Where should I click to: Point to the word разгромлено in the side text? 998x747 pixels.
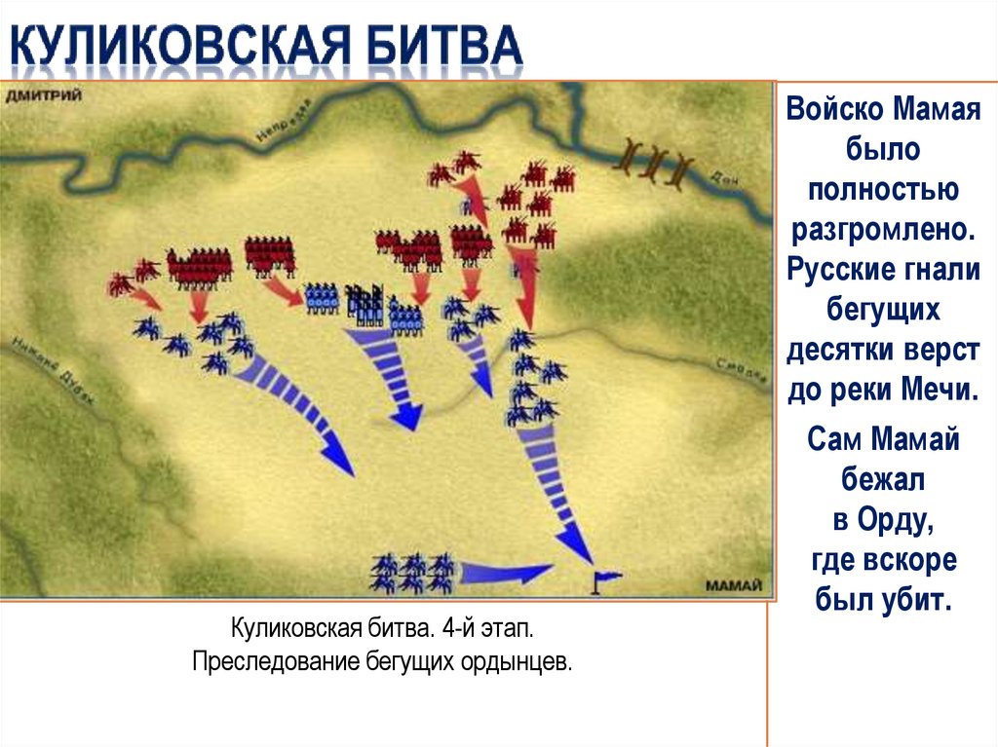[882, 230]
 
